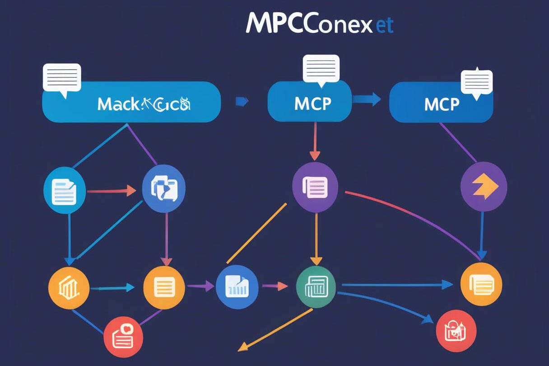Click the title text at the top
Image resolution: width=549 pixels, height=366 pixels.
320,25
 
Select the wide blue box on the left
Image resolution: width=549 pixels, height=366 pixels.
131,102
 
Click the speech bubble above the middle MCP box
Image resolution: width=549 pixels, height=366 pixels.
321,69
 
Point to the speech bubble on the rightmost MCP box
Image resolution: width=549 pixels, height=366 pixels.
476,83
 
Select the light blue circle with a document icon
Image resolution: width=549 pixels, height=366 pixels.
64,190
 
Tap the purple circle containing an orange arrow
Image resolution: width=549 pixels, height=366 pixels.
484,187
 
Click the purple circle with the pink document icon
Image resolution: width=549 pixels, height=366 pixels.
315,187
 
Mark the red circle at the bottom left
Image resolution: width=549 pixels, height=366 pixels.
123,336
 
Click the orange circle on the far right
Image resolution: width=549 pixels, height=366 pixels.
481,284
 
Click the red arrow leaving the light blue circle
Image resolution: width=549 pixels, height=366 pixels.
111,191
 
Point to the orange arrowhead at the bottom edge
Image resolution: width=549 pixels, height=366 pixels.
243,347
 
